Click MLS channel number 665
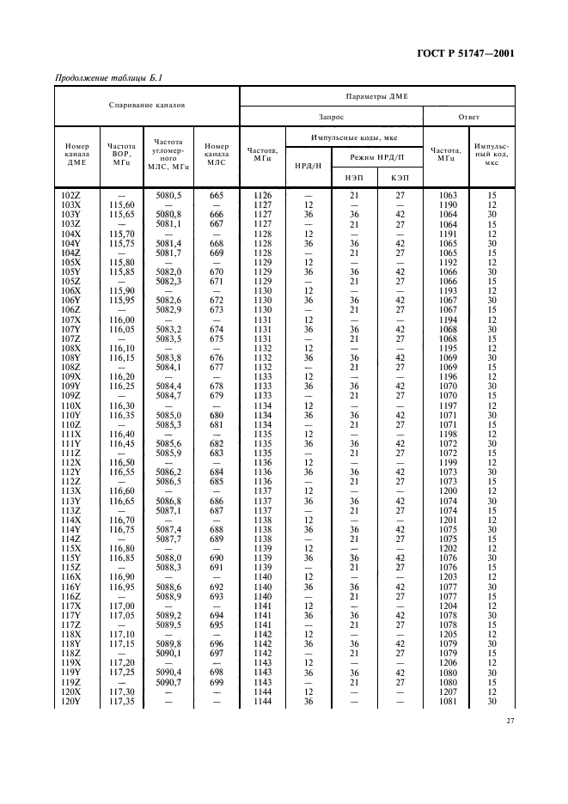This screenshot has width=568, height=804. (217, 196)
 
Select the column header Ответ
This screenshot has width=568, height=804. (469, 116)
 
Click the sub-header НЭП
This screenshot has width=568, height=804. (353, 176)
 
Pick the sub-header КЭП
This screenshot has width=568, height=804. (400, 176)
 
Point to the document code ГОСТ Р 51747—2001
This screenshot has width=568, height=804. (466, 53)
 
